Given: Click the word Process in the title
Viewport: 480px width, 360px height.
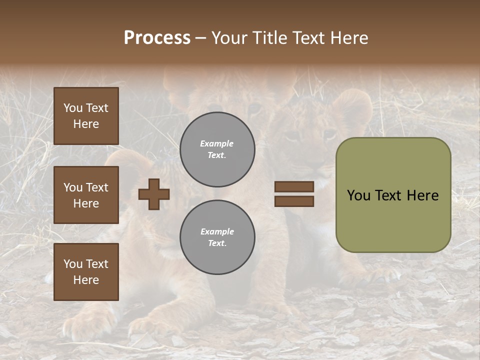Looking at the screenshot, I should [157, 38].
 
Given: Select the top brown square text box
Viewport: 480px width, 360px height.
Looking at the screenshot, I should [86, 116].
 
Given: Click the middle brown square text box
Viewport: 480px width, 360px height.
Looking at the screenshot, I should [86, 195].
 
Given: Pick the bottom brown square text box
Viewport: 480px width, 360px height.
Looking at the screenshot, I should [86, 272].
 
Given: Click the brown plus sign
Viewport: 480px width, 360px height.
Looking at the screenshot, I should [154, 194].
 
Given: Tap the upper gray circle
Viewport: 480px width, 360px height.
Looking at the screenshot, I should [217, 149].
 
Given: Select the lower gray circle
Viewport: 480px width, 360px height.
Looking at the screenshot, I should [217, 237].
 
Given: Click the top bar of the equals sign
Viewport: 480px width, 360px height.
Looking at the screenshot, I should [294, 187].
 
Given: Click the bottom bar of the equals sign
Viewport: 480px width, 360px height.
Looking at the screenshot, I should [294, 201].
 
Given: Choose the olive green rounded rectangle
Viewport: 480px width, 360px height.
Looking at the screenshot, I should [393, 194].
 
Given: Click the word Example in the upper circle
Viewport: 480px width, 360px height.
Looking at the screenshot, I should [216, 144].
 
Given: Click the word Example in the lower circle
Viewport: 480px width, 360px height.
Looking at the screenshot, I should [217, 232].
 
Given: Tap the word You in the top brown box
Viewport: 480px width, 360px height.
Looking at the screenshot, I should [72, 108].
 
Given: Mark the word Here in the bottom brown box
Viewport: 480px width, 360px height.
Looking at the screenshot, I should [86, 280].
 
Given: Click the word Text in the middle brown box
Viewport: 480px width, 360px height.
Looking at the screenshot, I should [96, 187].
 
